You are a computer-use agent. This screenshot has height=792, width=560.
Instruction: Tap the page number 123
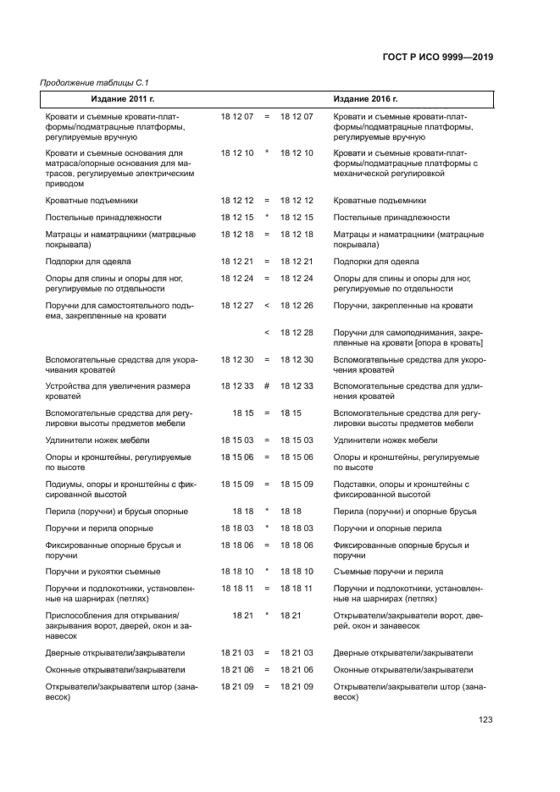pos(485,720)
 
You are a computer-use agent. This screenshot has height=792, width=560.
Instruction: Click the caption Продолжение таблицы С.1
pos(89,82)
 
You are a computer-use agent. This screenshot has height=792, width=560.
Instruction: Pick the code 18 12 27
pos(237,305)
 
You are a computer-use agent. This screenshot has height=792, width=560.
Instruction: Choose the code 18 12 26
pos(297,305)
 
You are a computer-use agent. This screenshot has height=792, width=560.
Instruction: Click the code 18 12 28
pos(297,332)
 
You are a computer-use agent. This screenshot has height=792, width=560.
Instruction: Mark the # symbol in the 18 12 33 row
pos(266,385)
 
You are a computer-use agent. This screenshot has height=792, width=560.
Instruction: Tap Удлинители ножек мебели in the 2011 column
pos(97,440)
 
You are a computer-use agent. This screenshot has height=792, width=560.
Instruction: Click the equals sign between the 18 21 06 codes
pos(266,669)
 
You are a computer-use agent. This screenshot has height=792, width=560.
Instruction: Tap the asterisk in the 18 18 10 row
pos(266,571)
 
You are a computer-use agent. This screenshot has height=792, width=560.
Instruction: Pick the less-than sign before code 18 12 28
pos(266,332)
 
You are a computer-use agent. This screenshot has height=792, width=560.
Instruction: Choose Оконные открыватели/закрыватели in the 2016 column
pos(403,669)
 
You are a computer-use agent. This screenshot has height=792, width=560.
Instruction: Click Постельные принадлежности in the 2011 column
pos(97,217)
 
